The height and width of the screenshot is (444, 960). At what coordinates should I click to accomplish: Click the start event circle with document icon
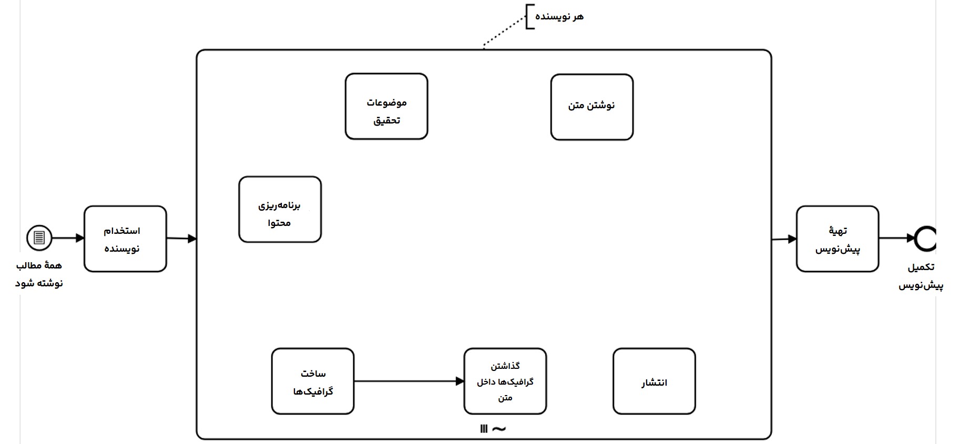pos(39,238)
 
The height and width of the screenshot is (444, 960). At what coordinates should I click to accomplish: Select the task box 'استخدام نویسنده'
pos(125,239)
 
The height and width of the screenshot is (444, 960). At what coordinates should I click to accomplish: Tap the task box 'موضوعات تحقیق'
pos(386,106)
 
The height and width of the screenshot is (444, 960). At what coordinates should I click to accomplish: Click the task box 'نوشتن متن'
pos(591,107)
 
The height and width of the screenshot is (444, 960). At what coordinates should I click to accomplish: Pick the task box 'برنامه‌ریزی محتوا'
pos(280,209)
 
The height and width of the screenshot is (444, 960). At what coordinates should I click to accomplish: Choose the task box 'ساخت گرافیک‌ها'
pos(313,381)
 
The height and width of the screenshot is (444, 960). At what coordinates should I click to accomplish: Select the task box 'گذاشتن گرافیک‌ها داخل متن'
pos(505,381)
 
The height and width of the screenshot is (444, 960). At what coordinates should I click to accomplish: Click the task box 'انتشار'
pos(654,381)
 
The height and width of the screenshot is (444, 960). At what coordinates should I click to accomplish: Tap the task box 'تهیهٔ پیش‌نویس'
pos(837,239)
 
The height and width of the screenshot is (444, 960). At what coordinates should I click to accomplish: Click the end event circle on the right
pos(926,238)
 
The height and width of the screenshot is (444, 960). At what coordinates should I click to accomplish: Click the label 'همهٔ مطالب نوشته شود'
pos(39,274)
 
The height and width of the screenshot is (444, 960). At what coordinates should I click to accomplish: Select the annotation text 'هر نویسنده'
pos(559,17)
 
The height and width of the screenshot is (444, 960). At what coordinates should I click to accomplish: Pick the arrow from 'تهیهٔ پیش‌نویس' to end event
pos(896,238)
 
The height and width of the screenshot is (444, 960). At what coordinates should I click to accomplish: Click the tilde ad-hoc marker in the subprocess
pos(499,429)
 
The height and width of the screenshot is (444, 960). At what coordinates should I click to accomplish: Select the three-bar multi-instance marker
pos(484,429)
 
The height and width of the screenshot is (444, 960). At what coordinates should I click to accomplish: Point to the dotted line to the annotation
pos(504,33)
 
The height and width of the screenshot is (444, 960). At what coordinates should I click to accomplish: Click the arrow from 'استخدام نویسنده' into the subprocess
pos(181,239)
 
